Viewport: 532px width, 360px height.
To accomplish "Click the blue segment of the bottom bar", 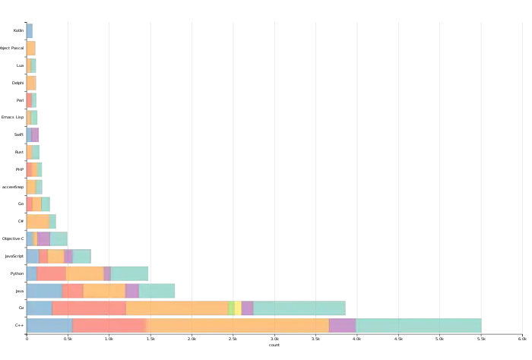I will tap(49, 325).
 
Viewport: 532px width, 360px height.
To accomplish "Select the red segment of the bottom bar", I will tap(109, 325).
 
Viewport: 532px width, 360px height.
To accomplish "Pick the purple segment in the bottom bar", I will tap(342, 325).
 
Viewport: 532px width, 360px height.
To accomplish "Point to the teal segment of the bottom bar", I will tap(418, 325).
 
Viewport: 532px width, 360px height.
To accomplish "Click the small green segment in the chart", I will tap(231, 308).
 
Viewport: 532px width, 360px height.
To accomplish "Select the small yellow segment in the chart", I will tap(238, 308).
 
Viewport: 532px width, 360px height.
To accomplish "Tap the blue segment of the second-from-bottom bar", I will tap(39, 308).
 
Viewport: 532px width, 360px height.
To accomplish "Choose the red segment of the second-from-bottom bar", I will tap(89, 308).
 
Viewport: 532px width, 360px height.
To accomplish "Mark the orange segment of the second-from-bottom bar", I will tap(177, 308).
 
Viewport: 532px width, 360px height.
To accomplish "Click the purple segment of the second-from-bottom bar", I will tap(247, 308).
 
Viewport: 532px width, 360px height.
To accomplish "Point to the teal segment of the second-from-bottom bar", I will tap(299, 308).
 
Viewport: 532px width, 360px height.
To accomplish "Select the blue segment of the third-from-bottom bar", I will tap(44, 290).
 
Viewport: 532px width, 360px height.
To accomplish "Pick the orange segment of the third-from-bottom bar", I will tap(104, 290).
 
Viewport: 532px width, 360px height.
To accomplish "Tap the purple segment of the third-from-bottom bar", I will tap(132, 290).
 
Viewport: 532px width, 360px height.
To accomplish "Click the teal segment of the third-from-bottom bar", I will tap(157, 290).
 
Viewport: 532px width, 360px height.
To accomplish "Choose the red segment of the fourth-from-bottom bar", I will tap(51, 273).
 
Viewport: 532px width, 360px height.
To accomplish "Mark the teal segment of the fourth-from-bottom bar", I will tap(129, 273).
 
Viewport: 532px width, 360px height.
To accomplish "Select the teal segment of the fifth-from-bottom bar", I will tap(81, 256).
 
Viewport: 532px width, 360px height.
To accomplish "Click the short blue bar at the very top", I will tap(30, 31).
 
